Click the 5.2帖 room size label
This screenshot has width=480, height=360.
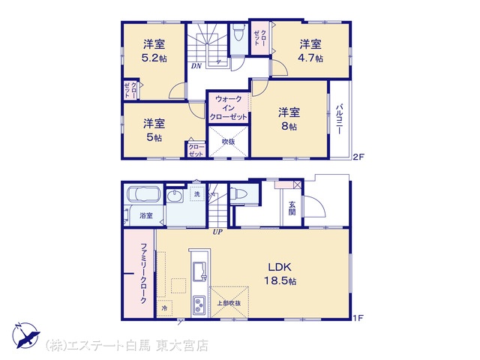point(154,58)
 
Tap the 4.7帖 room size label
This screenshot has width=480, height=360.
point(310,58)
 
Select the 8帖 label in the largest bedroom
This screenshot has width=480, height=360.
point(289,126)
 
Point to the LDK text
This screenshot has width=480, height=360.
point(280,267)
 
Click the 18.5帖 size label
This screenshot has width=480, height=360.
point(280,280)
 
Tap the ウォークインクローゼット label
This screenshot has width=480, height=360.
point(228,108)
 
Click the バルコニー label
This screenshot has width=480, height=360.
point(339,119)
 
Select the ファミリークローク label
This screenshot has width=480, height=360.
point(143,273)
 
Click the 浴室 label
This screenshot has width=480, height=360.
point(146,215)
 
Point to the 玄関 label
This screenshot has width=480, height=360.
point(292,208)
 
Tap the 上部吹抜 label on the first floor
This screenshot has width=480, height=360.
point(229,303)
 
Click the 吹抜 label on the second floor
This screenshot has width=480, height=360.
point(228,142)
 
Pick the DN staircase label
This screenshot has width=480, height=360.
point(196,65)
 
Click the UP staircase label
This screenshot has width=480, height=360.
point(217,232)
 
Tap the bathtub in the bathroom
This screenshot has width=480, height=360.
point(143,194)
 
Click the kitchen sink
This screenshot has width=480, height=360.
point(200,271)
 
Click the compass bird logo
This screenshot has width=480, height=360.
point(26,335)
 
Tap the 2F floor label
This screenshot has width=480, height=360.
point(358,157)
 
